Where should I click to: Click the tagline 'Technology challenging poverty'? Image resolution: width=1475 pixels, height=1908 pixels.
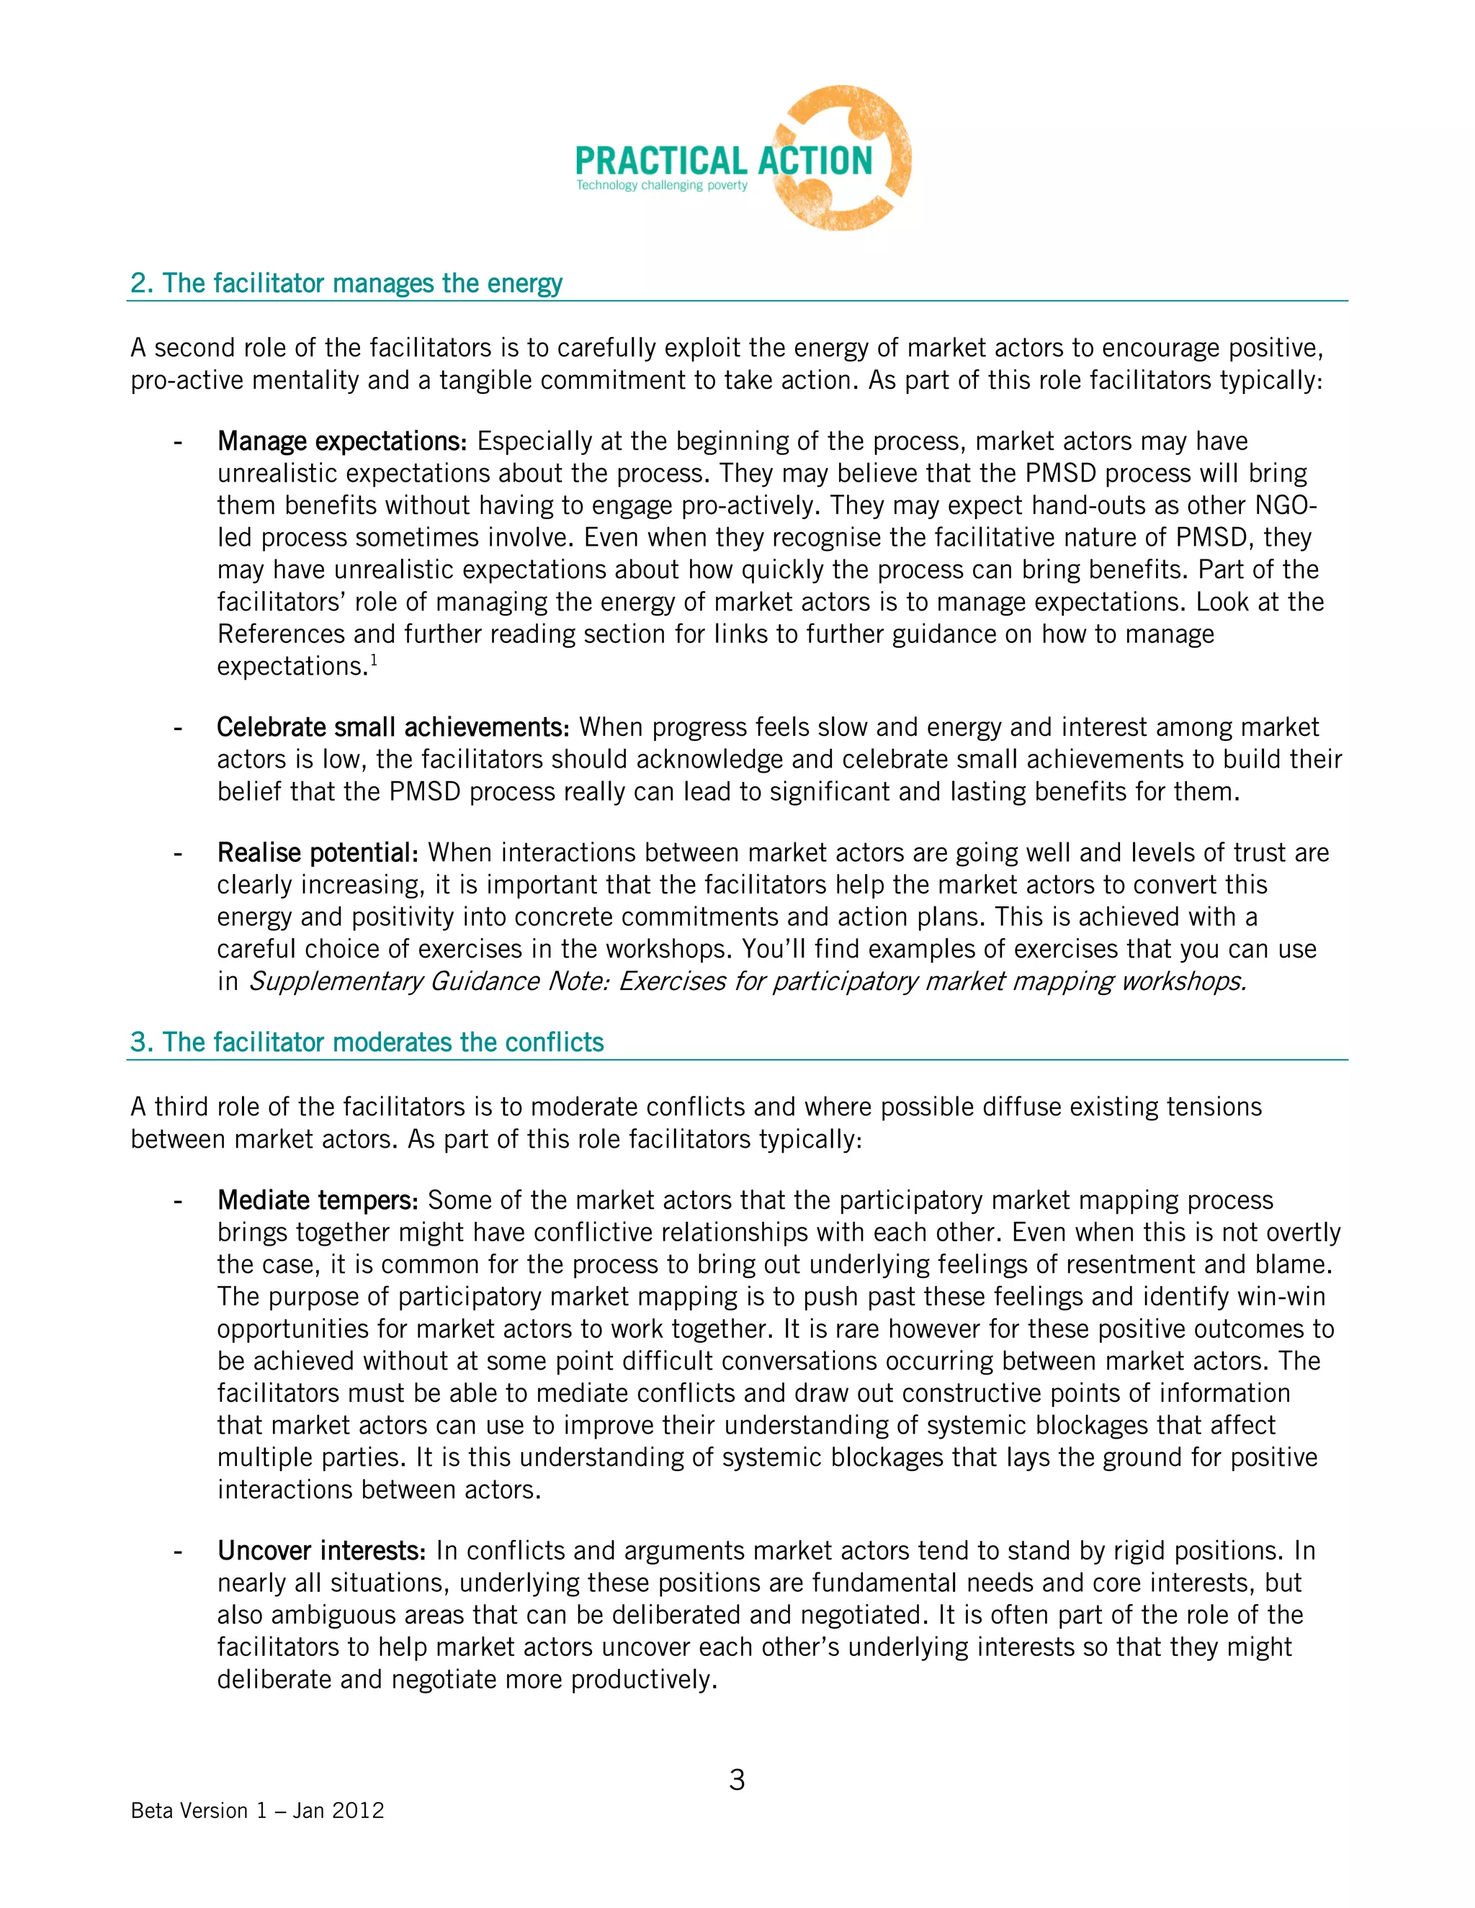[661, 185]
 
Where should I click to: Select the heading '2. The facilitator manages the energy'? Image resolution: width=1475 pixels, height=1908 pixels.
[346, 283]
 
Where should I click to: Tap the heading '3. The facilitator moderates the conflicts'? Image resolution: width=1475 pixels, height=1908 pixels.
[367, 1043]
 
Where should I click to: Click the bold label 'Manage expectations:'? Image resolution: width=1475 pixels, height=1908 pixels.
[343, 441]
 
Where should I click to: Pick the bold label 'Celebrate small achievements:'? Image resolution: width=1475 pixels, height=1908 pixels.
[393, 727]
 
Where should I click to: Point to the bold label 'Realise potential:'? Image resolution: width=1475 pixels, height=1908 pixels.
[318, 852]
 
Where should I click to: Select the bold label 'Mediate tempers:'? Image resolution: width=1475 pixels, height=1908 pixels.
[318, 1200]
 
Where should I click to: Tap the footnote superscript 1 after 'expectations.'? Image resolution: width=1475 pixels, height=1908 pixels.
[373, 662]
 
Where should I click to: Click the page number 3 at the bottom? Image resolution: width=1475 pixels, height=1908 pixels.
[737, 1781]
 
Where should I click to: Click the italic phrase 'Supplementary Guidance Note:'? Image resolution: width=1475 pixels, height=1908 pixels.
[430, 981]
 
